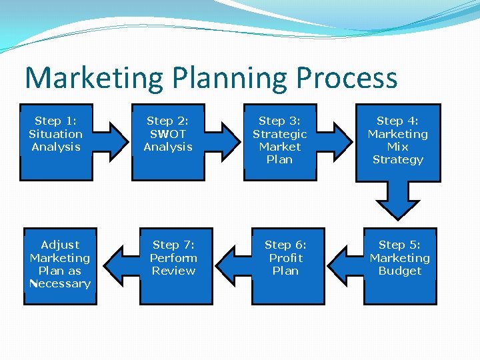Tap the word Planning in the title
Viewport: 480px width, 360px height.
231,79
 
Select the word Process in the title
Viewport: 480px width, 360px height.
347,79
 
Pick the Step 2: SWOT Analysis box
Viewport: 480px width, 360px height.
168,142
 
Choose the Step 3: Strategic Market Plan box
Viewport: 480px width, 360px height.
280,142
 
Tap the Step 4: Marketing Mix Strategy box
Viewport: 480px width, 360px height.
398,142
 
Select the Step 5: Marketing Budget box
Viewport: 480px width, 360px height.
399,265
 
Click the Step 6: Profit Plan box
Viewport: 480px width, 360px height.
285,265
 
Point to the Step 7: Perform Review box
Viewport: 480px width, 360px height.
173,265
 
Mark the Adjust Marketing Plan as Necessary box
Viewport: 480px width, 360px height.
60,265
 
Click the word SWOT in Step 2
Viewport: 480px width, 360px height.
168,134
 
